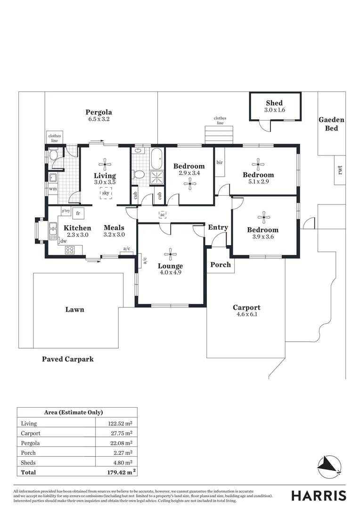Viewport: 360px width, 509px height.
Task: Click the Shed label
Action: point(274,103)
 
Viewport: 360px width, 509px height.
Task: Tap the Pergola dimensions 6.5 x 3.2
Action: point(99,119)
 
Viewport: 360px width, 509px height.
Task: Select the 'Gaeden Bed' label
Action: point(331,124)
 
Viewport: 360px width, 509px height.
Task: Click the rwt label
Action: point(339,169)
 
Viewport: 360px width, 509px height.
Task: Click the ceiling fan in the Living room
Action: point(105,164)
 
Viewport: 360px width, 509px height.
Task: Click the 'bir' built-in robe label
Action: point(219,163)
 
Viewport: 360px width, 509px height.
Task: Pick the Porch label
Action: point(221,264)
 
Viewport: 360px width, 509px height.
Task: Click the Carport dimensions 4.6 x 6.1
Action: point(247,314)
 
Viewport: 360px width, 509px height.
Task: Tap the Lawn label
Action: point(75,310)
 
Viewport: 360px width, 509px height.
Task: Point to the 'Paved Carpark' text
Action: point(68,359)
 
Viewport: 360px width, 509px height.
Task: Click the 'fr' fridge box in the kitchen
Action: point(77,213)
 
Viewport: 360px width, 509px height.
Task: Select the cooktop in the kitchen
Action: point(69,250)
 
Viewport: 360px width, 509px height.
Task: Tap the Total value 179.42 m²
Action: point(121,471)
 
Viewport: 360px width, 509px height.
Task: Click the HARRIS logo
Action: point(319,495)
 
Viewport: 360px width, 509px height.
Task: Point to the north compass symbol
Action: point(328,466)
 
